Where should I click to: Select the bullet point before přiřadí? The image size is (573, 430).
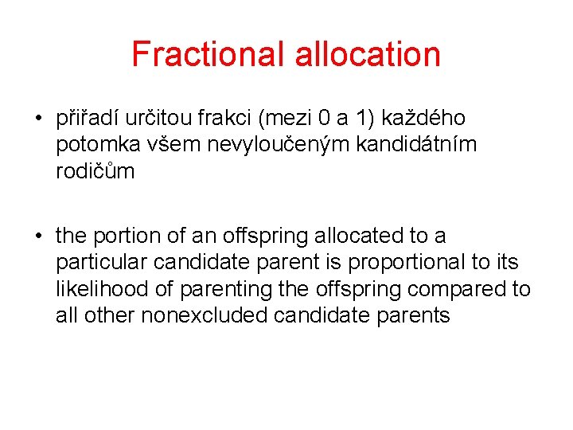pyautogui.click(x=38, y=119)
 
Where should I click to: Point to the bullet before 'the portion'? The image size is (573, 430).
pyautogui.click(x=38, y=236)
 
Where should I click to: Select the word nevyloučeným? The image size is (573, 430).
pyautogui.click(x=259, y=145)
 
